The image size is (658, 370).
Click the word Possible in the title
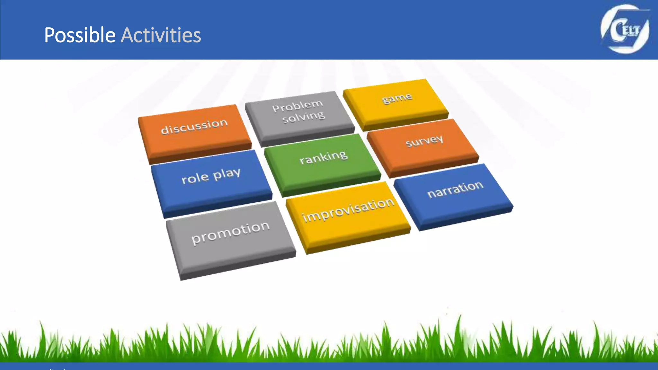[80, 35]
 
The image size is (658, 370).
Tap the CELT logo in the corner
[625, 29]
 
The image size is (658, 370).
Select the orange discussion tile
[194, 132]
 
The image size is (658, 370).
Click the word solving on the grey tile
[303, 117]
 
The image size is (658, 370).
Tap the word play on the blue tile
[227, 174]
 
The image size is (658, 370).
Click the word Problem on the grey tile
[298, 106]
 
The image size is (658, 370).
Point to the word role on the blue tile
[195, 178]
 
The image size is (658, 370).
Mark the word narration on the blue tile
[455, 189]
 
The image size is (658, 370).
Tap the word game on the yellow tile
[397, 98]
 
